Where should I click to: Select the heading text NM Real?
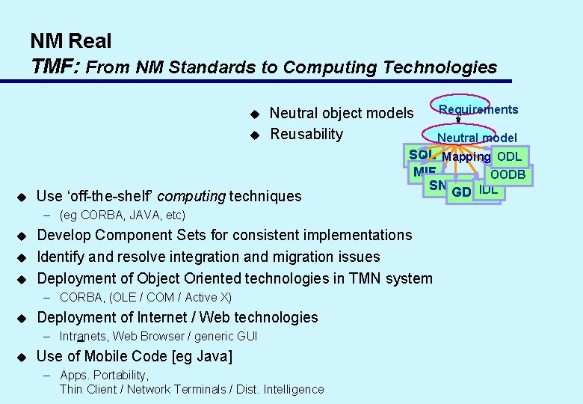point(70,40)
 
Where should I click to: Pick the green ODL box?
point(510,156)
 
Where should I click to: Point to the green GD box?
point(462,192)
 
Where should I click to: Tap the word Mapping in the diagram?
point(466,156)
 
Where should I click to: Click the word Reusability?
point(306,134)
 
